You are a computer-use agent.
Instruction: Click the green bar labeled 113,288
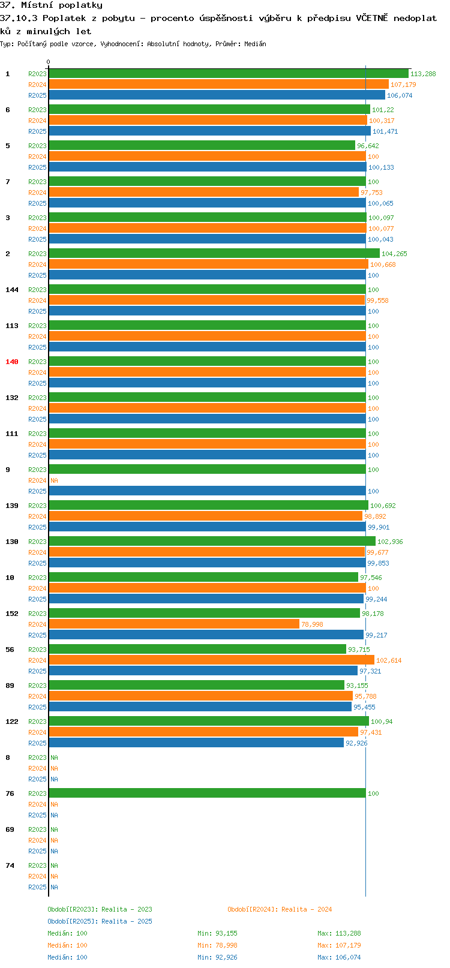229,73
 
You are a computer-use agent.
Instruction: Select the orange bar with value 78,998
174,624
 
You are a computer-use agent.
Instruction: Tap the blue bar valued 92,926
196,743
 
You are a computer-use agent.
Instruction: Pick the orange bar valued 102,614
212,660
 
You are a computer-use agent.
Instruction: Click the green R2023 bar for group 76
208,793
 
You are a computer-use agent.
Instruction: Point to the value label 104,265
394,254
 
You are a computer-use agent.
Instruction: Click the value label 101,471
385,131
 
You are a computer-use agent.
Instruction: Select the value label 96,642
368,146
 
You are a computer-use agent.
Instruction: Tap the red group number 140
11,362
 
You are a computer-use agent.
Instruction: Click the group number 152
11,614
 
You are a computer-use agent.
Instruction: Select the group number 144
11,290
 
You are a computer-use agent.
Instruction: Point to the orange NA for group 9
54,480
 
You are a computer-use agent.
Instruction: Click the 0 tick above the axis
48,62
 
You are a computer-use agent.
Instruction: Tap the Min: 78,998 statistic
217,946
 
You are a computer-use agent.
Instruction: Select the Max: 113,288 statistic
340,933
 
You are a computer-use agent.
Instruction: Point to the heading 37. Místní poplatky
51,5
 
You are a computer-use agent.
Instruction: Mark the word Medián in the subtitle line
255,44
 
